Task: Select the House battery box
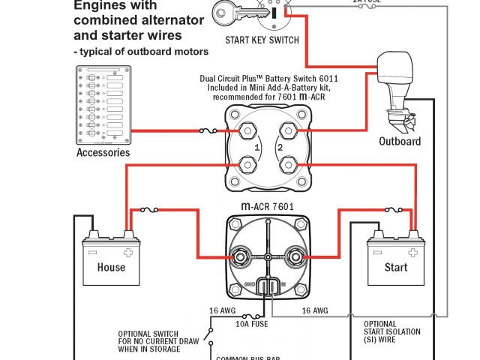[x=111, y=262]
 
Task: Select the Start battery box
[x=395, y=262]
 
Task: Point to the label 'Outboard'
[x=400, y=141]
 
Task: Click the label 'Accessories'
[x=103, y=153]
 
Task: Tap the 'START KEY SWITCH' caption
[x=262, y=40]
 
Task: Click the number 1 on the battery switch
[x=256, y=148]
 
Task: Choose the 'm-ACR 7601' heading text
[x=268, y=206]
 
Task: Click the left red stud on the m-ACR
[x=241, y=257]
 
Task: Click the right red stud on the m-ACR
[x=295, y=257]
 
